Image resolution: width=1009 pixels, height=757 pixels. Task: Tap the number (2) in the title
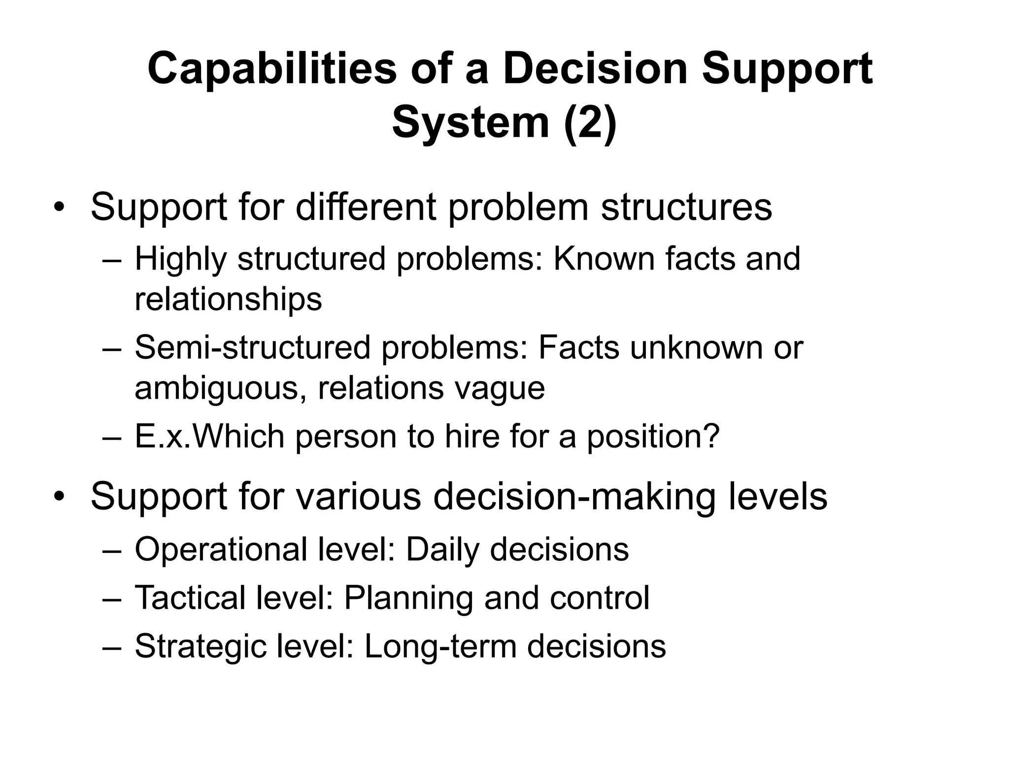click(590, 123)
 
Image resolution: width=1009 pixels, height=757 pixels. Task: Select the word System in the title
click(471, 123)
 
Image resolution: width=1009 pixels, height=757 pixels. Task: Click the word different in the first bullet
click(366, 207)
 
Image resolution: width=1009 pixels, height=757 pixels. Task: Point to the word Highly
click(180, 259)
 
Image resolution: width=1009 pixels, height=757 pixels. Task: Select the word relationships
click(228, 299)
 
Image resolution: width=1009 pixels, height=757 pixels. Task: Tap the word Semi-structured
click(252, 347)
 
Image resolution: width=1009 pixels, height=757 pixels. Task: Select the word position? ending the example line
click(653, 437)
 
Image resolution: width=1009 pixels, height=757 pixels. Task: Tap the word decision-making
click(574, 497)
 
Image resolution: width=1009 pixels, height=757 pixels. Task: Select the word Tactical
click(190, 598)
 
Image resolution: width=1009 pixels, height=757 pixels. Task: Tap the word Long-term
click(440, 647)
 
